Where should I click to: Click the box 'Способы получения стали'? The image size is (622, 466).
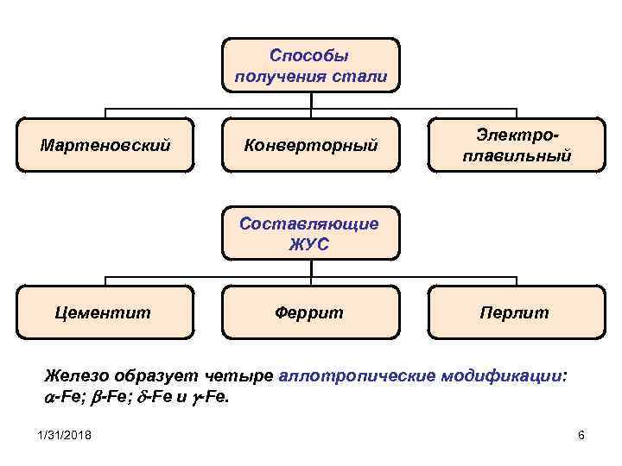pyautogui.click(x=309, y=65)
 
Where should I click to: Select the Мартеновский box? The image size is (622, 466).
pyautogui.click(x=105, y=144)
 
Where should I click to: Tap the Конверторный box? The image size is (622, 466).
pyautogui.click(x=309, y=144)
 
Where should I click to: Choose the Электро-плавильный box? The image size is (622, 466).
pyautogui.click(x=517, y=144)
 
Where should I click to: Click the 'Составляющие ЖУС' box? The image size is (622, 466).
pyautogui.click(x=309, y=233)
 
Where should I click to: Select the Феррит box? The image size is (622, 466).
pyautogui.click(x=309, y=312)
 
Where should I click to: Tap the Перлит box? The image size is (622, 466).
pyautogui.click(x=515, y=312)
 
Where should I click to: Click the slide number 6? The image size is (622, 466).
pyautogui.click(x=581, y=435)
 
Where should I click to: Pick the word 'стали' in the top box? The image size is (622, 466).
pyautogui.click(x=358, y=76)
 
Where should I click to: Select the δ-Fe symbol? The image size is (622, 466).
pyautogui.click(x=158, y=399)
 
